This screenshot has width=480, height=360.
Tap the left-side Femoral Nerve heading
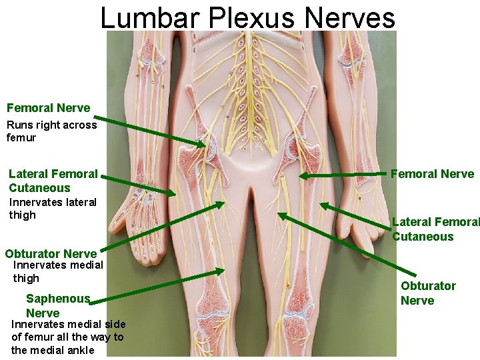tap(48, 108)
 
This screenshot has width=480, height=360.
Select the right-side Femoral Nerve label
tap(432, 175)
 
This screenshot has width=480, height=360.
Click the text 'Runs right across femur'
tap(51, 131)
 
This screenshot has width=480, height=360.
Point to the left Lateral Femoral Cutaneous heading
tap(53, 181)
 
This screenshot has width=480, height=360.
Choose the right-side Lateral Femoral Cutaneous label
tap(435, 229)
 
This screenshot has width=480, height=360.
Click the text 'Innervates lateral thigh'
tap(52, 208)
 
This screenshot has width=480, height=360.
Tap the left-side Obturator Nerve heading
tap(51, 253)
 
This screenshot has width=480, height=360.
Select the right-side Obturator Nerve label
tap(428, 293)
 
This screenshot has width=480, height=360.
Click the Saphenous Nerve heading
tap(57, 306)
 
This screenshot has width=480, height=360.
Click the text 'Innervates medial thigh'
tap(57, 271)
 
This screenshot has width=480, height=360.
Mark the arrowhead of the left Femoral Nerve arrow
tap(203, 145)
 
